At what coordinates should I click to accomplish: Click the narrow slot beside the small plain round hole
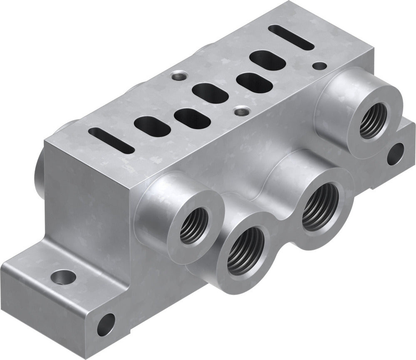pos(291,37)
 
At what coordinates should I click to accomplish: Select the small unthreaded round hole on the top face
pos(320,65)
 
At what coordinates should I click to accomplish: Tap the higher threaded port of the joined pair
pos(319,207)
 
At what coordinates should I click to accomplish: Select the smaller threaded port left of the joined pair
pos(194,225)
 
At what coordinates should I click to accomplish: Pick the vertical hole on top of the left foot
pos(64,276)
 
